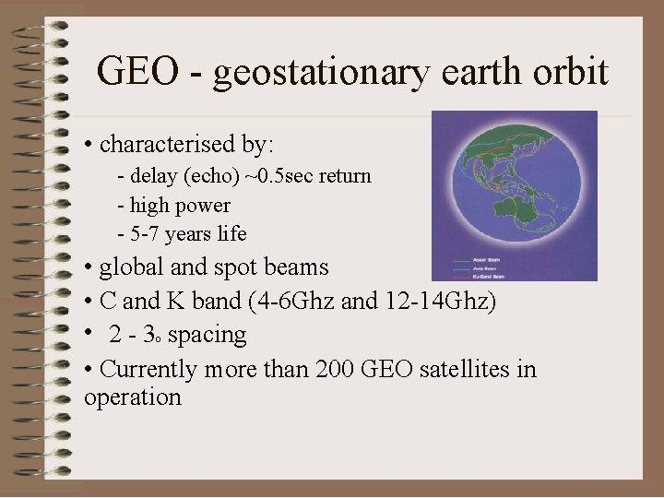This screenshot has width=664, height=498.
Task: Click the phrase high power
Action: pyautogui.click(x=181, y=204)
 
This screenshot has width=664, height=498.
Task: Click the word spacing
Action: pyautogui.click(x=207, y=334)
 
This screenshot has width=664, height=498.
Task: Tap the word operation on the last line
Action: pyautogui.click(x=132, y=397)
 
